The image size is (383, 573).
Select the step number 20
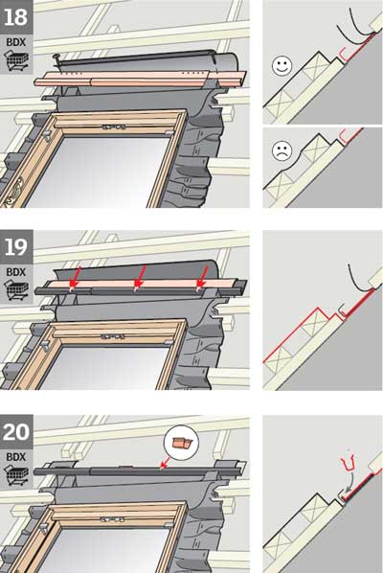(16, 434)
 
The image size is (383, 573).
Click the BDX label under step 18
(16, 41)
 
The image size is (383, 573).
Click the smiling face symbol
(281, 66)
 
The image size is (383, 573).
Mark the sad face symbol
(281, 150)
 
